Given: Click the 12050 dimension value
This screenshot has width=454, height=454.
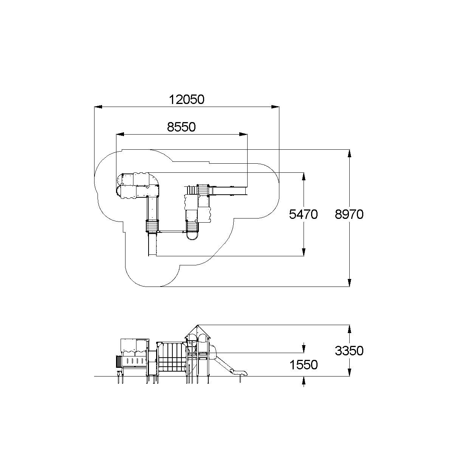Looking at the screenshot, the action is coord(186,99).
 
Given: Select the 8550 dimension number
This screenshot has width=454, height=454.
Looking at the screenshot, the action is coord(181,127).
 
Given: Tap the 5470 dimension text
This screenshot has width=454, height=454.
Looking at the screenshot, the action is coord(303,215).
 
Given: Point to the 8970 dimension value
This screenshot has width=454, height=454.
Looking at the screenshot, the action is coord(349,215).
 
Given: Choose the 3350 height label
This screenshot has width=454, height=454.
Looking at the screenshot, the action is coord(349,351).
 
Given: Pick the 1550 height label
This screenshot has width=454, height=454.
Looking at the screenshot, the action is coord(303,365).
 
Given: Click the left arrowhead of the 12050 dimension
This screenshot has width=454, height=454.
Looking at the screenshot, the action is coord(98,107).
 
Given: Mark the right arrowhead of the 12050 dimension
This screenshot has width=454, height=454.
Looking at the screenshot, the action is coord(276,107).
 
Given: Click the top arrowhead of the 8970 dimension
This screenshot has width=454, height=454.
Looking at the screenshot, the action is coord(349,153).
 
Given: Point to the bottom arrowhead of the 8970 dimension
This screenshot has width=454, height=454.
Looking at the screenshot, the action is coord(349,283).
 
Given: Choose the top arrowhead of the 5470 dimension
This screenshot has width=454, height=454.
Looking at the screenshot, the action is coord(304,176).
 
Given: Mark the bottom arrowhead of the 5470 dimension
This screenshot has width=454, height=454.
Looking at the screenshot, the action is coord(304,253).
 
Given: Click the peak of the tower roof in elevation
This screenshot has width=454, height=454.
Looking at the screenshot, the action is coord(197,325).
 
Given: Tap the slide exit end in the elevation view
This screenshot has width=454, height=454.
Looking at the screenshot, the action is coord(244,373).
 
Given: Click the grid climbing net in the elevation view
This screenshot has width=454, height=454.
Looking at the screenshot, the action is coord(172,357).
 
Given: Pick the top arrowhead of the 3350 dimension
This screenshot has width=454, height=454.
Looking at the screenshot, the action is coord(349,328).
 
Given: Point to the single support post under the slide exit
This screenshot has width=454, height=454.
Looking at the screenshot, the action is coord(240,379).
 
